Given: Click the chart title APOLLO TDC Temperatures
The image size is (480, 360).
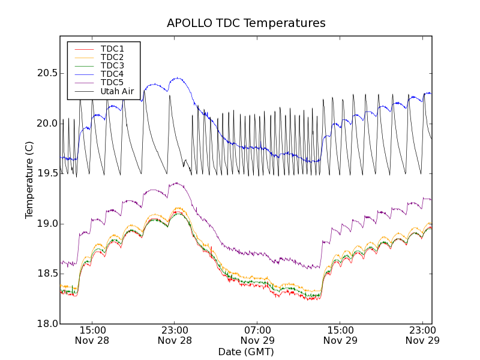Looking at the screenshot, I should pyautogui.click(x=246, y=23).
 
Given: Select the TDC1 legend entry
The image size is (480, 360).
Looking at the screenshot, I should pyautogui.click(x=112, y=49).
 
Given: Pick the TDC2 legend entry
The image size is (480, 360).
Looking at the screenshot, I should pyautogui.click(x=112, y=57).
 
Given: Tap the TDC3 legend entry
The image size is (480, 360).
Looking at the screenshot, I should pyautogui.click(x=112, y=65).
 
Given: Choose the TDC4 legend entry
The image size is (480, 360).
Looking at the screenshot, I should pyautogui.click(x=112, y=74).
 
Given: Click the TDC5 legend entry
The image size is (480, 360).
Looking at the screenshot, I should pyautogui.click(x=112, y=83).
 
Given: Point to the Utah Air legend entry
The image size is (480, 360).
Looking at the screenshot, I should pyautogui.click(x=116, y=92).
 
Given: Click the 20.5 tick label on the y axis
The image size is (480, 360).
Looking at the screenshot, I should pyautogui.click(x=44, y=73).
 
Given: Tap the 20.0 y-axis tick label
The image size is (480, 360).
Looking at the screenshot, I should pyautogui.click(x=44, y=124).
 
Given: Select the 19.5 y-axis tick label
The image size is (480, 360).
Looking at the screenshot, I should pyautogui.click(x=44, y=173).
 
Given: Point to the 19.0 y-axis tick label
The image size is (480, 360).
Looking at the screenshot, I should pyautogui.click(x=44, y=224).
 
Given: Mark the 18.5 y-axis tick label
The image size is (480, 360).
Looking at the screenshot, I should pyautogui.click(x=44, y=274).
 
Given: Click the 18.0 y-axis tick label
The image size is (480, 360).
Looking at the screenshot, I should pyautogui.click(x=44, y=324).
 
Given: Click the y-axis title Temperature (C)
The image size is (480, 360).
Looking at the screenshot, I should pyautogui.click(x=29, y=180).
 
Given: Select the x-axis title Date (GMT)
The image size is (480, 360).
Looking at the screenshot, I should pyautogui.click(x=246, y=352).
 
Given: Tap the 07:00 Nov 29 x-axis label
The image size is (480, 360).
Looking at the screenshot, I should pyautogui.click(x=257, y=335).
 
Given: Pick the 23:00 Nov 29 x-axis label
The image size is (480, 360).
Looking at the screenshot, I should pyautogui.click(x=423, y=335).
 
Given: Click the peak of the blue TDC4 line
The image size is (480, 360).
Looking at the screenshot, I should pyautogui.click(x=178, y=78).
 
